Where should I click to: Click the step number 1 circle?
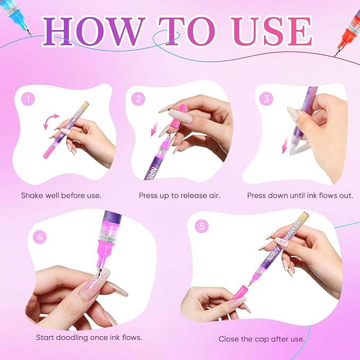[x=28, y=99]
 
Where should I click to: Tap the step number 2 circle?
[x=138, y=99]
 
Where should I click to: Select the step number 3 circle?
[x=266, y=99]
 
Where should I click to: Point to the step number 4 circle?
[x=40, y=237]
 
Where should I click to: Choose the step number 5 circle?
[x=202, y=226]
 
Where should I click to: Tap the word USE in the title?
[x=272, y=31]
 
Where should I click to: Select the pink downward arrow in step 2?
[x=154, y=128]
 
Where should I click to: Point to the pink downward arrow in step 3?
[x=286, y=144]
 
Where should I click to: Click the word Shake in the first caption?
[x=32, y=196]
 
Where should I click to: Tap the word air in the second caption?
[x=214, y=196]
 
